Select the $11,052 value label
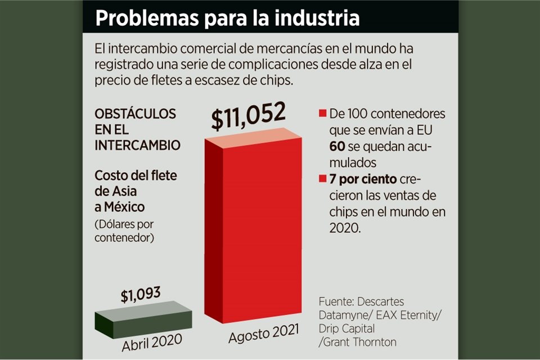click(x=249, y=117)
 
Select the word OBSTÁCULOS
click(x=135, y=114)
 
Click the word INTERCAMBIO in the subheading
click(x=137, y=145)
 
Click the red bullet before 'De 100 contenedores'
click(x=323, y=115)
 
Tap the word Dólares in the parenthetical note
click(x=116, y=224)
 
